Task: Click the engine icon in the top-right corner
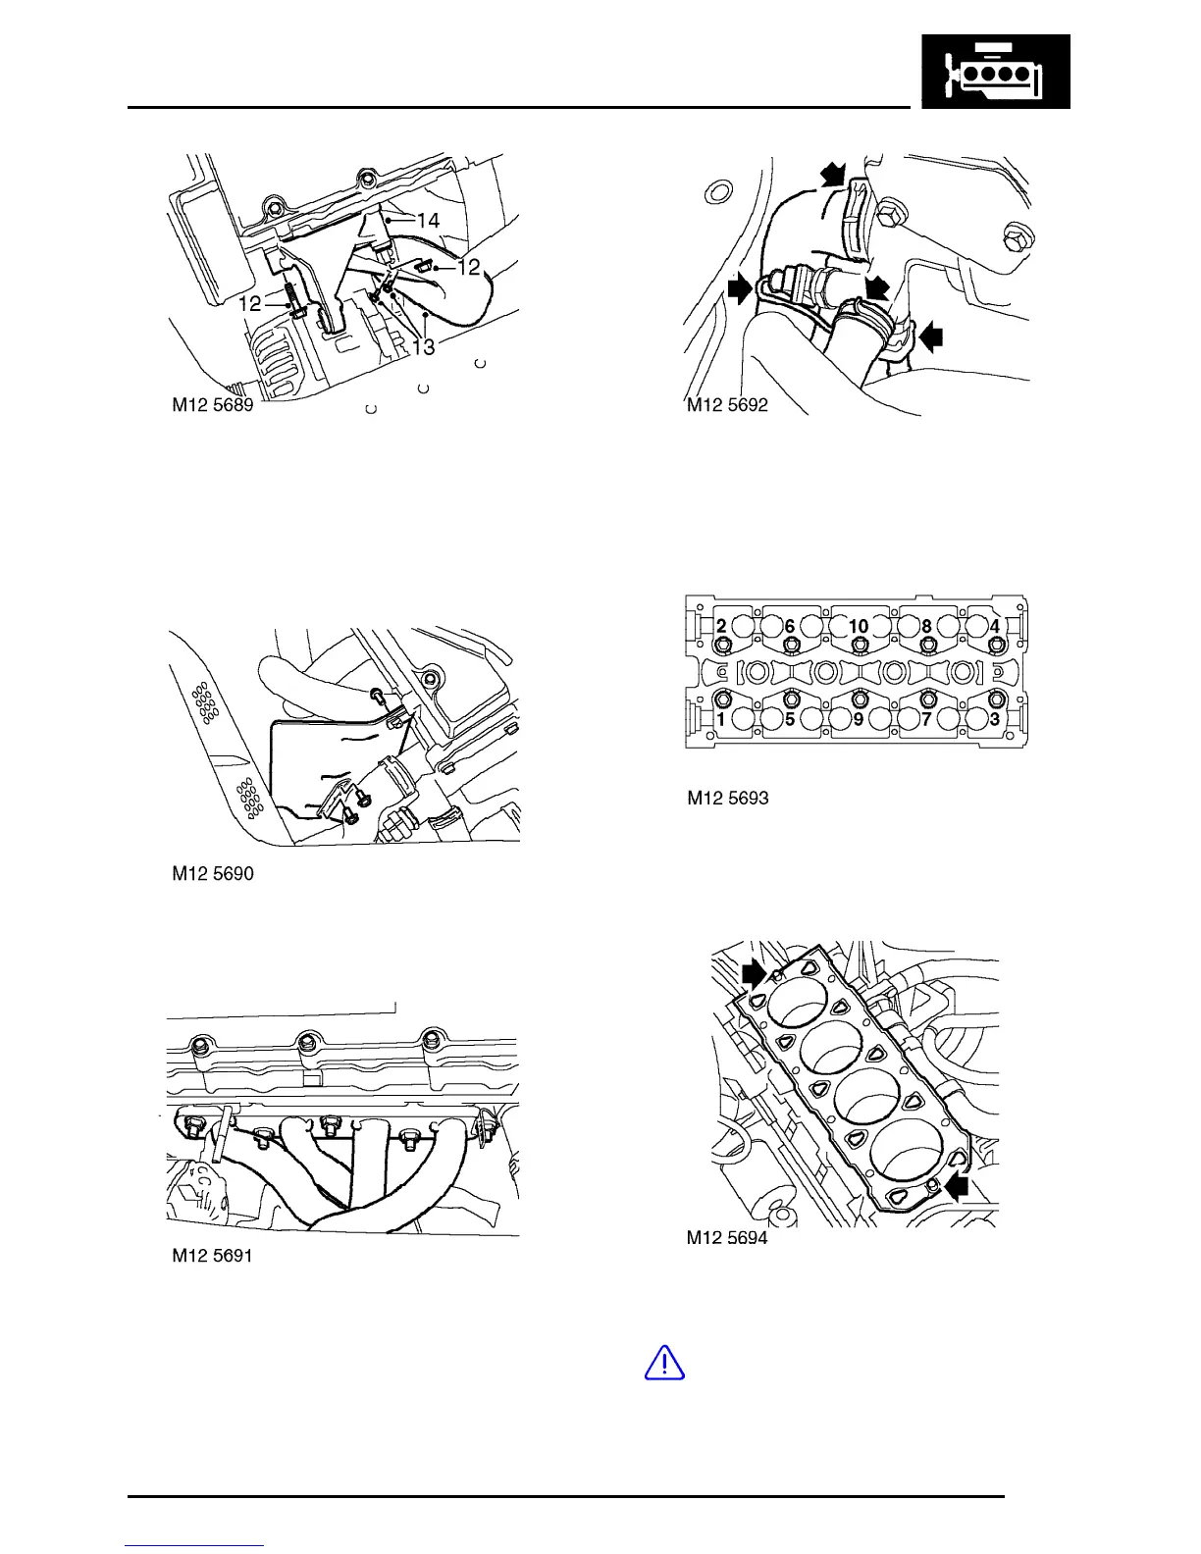click(x=995, y=72)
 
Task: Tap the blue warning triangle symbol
click(x=664, y=1363)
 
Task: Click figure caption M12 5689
click(x=213, y=405)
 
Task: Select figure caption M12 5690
click(x=213, y=873)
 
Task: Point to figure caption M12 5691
click(x=213, y=1255)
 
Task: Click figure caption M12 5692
click(x=727, y=405)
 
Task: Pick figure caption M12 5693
click(x=727, y=798)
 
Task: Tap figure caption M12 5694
click(x=727, y=1238)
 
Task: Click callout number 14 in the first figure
click(x=428, y=221)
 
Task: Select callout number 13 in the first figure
click(x=423, y=346)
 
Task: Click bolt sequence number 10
click(x=859, y=626)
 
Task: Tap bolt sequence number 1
click(x=721, y=719)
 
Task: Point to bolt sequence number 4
click(x=994, y=626)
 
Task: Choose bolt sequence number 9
click(x=859, y=719)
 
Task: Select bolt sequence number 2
click(x=721, y=626)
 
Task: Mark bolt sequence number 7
click(x=926, y=719)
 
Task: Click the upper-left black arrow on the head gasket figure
click(x=754, y=972)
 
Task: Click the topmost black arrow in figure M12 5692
click(x=833, y=175)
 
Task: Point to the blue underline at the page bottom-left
click(x=194, y=1545)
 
